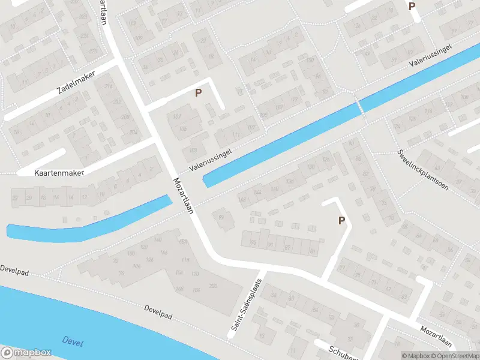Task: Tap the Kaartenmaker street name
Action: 58,172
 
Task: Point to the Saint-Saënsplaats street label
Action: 247,305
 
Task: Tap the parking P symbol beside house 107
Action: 197,93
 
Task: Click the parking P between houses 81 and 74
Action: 341,220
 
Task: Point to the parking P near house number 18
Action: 412,7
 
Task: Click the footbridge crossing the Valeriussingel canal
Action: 360,106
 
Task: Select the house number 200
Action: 213,286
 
